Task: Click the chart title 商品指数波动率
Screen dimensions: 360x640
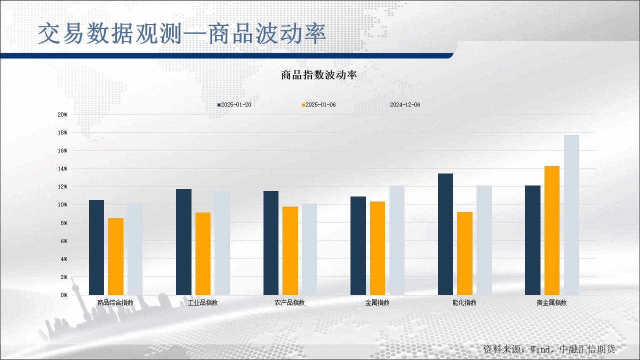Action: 319,75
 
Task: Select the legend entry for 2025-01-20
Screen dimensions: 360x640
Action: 234,104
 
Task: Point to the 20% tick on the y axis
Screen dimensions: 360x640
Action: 62,114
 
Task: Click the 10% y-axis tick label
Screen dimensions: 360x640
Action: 62,205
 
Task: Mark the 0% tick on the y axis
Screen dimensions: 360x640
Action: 63,295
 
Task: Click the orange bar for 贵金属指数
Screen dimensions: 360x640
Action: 552,230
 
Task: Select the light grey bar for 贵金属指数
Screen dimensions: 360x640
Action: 571,215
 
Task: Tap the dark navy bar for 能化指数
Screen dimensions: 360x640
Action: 445,234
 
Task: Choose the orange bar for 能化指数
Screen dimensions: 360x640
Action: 464,253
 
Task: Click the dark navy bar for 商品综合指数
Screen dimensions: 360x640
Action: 96,247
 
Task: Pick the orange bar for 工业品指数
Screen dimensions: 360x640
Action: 203,253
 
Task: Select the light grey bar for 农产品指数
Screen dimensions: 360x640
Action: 309,249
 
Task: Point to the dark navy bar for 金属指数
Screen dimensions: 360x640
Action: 358,245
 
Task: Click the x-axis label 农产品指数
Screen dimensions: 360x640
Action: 289,302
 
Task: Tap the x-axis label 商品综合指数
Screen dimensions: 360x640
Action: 115,302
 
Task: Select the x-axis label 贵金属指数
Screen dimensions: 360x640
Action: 551,302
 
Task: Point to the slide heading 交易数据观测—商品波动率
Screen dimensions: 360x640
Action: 182,34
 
